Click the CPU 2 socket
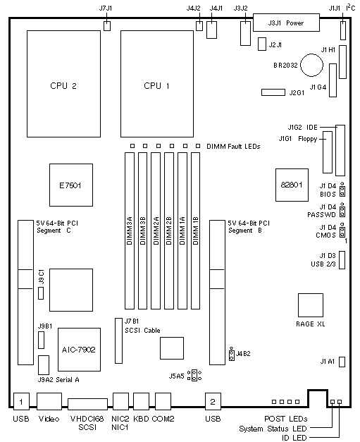tap(63, 84)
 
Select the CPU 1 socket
tap(157, 84)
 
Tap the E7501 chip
tap(71, 185)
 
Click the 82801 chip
tap(292, 185)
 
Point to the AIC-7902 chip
tap(79, 350)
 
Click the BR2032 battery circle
tap(311, 65)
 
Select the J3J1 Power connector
tap(286, 23)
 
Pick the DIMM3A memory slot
tap(130, 231)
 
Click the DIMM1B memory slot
tap(195, 231)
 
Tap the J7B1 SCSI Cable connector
tap(118, 340)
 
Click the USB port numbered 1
tap(21, 401)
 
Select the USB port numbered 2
tap(213, 401)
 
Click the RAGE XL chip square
tap(311, 305)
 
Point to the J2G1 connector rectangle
tap(273, 92)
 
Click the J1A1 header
tap(342, 362)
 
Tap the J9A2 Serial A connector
tap(44, 365)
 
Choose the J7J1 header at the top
tap(107, 26)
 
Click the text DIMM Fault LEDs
tap(233, 147)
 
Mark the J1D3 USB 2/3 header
tap(342, 260)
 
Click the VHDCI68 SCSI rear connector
tap(87, 404)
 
